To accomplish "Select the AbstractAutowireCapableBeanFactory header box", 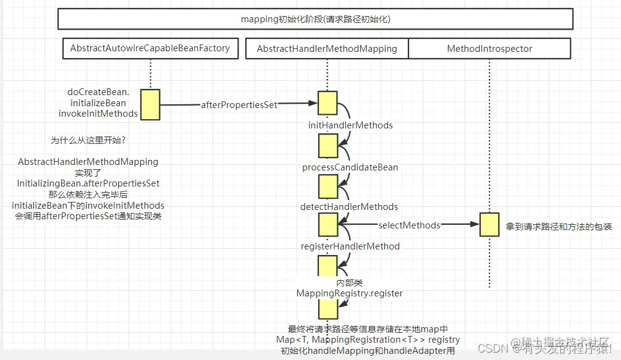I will (x=150, y=48).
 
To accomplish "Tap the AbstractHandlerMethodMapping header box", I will (x=327, y=49).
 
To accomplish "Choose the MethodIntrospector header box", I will (x=489, y=49).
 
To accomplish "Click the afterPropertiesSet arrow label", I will (x=239, y=105).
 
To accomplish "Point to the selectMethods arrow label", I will (x=409, y=225).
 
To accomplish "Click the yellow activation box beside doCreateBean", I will (x=150, y=104).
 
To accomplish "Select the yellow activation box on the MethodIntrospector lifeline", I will (x=489, y=225).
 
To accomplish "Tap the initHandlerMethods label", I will (x=350, y=125).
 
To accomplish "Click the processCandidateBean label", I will (x=350, y=167).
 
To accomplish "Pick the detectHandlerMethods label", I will (x=349, y=207).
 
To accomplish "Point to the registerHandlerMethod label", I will (x=350, y=246).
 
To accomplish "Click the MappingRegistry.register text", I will (x=350, y=293).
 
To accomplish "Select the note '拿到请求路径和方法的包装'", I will (x=559, y=227).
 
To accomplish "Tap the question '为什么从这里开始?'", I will (x=88, y=140).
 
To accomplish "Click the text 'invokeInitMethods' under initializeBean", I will (x=98, y=114).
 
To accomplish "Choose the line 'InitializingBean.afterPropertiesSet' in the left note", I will (x=88, y=183).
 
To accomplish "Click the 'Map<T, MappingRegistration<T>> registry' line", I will (x=368, y=340).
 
